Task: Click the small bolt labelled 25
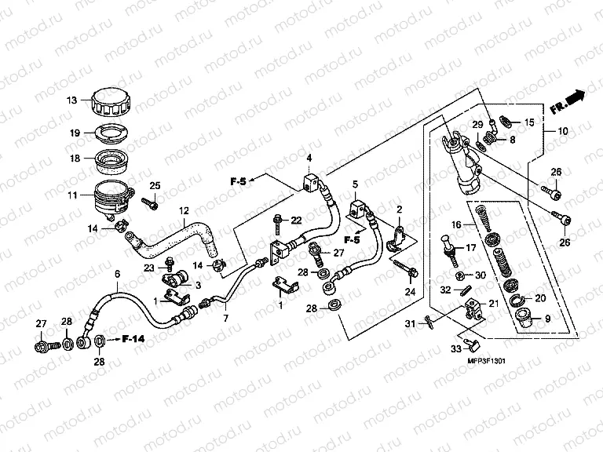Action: [150, 203]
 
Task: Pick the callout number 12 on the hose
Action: [185, 210]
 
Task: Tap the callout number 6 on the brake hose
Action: [118, 274]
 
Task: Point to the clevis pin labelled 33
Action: [468, 341]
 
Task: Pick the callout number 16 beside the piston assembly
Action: [455, 225]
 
